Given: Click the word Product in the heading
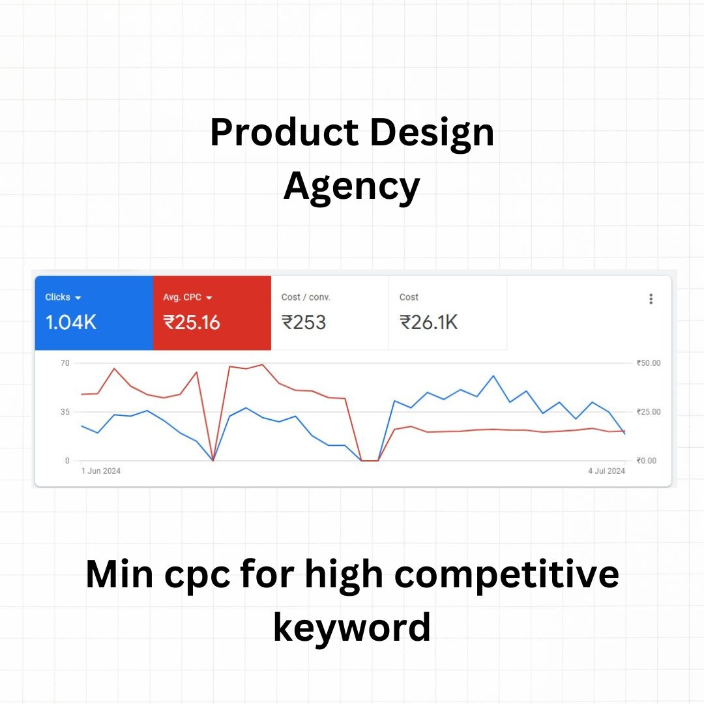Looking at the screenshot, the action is pos(284,132).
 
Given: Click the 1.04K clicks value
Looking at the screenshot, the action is pos(71,323).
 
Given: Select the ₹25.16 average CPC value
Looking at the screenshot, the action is pos(191,323).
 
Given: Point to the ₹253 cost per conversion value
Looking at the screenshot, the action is pos(304,323).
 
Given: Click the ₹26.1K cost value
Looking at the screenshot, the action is pos(428,323).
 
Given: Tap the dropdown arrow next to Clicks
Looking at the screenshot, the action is pos(78,298).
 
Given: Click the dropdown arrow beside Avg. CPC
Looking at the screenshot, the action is pos(209,298).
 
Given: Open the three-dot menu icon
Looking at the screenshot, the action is pos(651,299).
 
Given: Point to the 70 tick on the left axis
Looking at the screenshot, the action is pos(65,363).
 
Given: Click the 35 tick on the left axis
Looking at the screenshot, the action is pos(65,412).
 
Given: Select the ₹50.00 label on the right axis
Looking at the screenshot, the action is pos(649,363).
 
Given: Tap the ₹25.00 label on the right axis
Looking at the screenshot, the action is pos(649,412).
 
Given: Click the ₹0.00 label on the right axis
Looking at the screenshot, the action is pos(647,461).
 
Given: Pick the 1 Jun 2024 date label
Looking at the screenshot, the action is pos(101,471).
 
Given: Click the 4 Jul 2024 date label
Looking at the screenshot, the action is pos(607,471).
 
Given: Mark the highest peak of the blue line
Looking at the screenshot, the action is pos(493,376).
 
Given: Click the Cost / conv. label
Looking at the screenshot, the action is pos(306,297).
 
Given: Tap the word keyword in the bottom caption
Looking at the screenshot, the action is pos(352,627).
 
